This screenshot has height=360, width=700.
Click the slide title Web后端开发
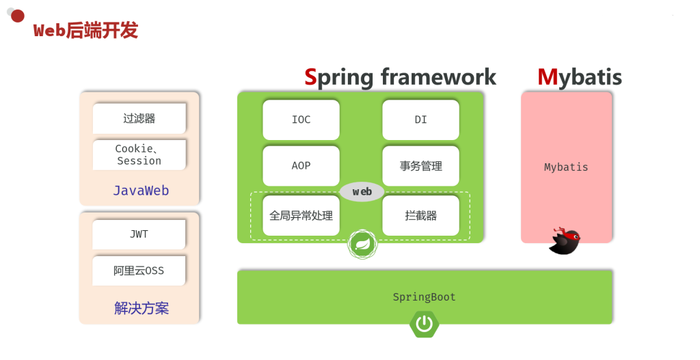85,31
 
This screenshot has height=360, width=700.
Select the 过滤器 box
139,118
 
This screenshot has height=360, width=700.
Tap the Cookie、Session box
139,155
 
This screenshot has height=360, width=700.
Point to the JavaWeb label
141,191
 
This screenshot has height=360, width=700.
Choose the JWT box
139,234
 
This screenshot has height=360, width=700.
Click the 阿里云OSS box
139,271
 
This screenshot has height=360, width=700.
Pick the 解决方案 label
141,308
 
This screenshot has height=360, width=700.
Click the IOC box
301,120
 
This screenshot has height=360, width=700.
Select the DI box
420,120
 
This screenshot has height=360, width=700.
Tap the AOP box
301,166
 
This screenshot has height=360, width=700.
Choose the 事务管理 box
420,166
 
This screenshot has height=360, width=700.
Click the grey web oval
362,192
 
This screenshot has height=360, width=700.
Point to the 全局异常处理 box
301,216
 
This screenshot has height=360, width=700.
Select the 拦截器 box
420,216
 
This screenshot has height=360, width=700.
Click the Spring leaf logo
362,244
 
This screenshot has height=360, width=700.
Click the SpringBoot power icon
425,324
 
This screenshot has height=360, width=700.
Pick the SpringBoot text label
424,297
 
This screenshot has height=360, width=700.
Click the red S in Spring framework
311,77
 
